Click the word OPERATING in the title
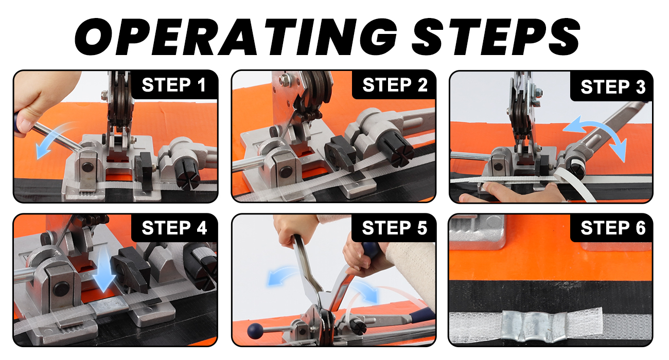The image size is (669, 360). click(x=236, y=37)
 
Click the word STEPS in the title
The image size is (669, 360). click(x=496, y=37)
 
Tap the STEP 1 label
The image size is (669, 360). click(x=174, y=85)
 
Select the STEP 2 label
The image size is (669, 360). click(x=395, y=85)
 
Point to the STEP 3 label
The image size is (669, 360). click(x=613, y=87)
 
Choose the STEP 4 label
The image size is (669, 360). click(x=174, y=228)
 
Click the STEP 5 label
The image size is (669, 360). click(x=395, y=228)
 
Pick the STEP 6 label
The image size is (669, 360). click(x=613, y=228)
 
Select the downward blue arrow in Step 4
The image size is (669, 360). click(x=104, y=268)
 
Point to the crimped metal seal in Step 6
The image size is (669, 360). click(x=534, y=326)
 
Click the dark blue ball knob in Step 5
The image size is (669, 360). click(x=255, y=331)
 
